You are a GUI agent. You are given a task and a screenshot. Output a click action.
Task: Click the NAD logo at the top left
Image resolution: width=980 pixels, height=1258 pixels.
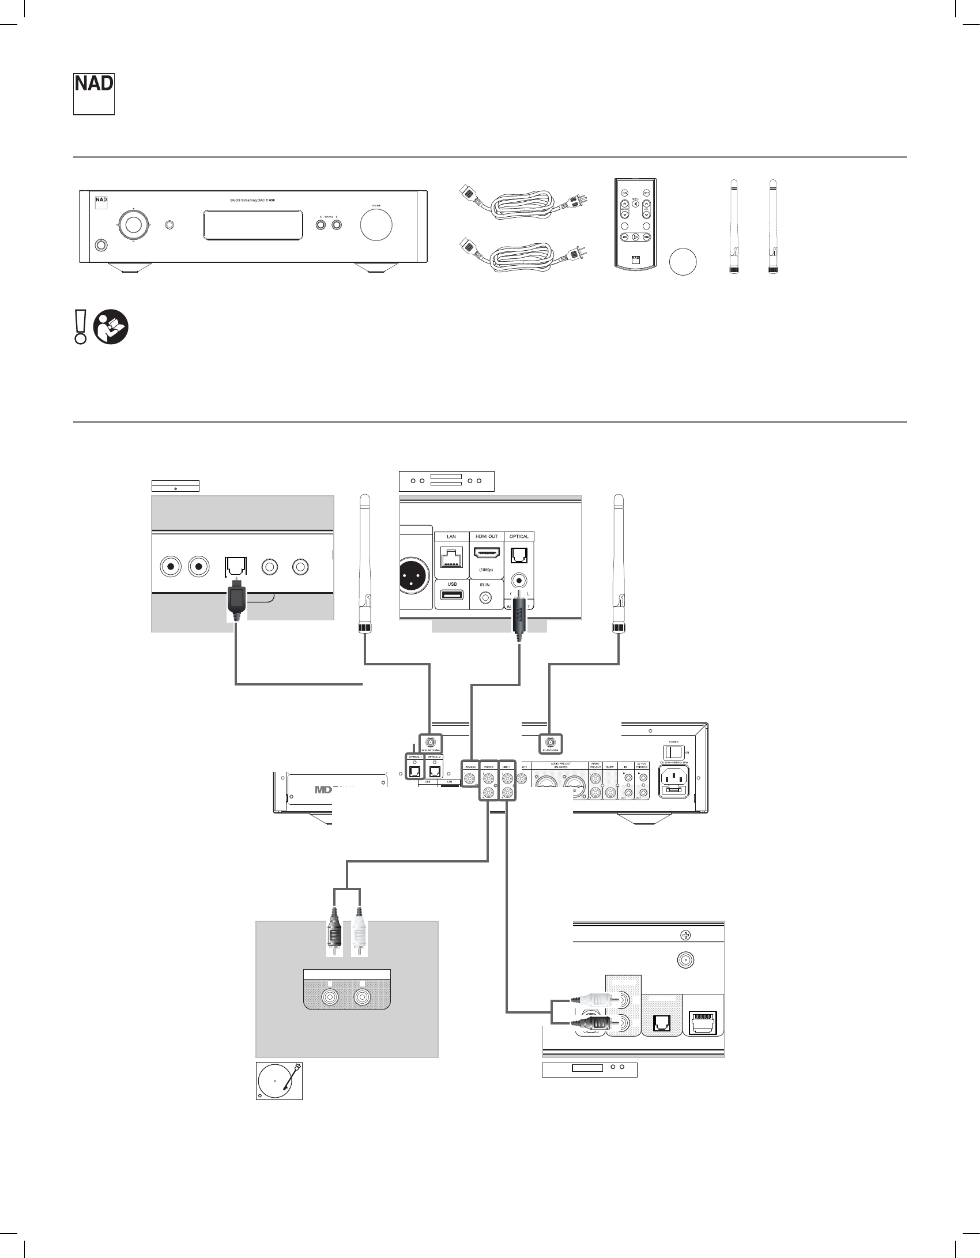tap(93, 93)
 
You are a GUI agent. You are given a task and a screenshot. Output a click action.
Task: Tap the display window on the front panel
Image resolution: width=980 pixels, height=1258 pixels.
tap(253, 225)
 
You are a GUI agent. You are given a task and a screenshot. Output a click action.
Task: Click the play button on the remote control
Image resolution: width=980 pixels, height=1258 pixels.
tap(635, 236)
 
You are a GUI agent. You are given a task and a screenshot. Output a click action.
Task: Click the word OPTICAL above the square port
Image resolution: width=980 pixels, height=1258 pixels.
tap(519, 536)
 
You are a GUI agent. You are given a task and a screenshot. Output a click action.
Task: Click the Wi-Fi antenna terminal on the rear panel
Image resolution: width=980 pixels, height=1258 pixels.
tap(431, 743)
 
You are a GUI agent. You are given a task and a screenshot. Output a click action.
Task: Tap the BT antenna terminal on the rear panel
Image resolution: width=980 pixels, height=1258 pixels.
tap(550, 743)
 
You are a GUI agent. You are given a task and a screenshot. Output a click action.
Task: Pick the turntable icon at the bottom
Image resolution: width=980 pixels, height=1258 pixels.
tap(279, 1080)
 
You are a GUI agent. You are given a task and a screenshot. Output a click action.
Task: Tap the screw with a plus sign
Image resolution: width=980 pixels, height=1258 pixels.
tap(686, 935)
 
